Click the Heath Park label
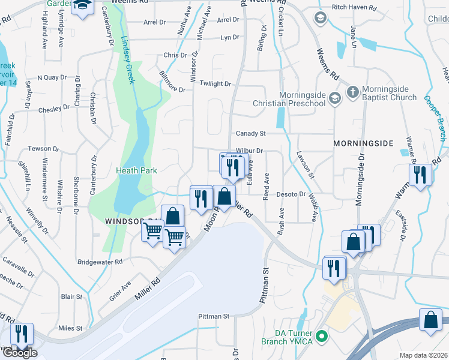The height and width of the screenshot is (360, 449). (x=136, y=171)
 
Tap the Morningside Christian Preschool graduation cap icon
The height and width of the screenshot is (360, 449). (x=335, y=98)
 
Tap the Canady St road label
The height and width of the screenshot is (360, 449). (x=250, y=133)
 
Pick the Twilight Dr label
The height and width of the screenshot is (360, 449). (x=215, y=84)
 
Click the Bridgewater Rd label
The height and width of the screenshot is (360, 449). (x=101, y=262)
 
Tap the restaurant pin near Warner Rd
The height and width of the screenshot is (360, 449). (x=420, y=175)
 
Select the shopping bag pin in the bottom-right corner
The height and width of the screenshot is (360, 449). (x=430, y=320)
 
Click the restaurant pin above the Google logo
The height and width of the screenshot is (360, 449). (x=22, y=334)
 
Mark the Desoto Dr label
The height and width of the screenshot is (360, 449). (x=291, y=194)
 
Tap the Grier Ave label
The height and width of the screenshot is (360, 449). (x=118, y=289)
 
